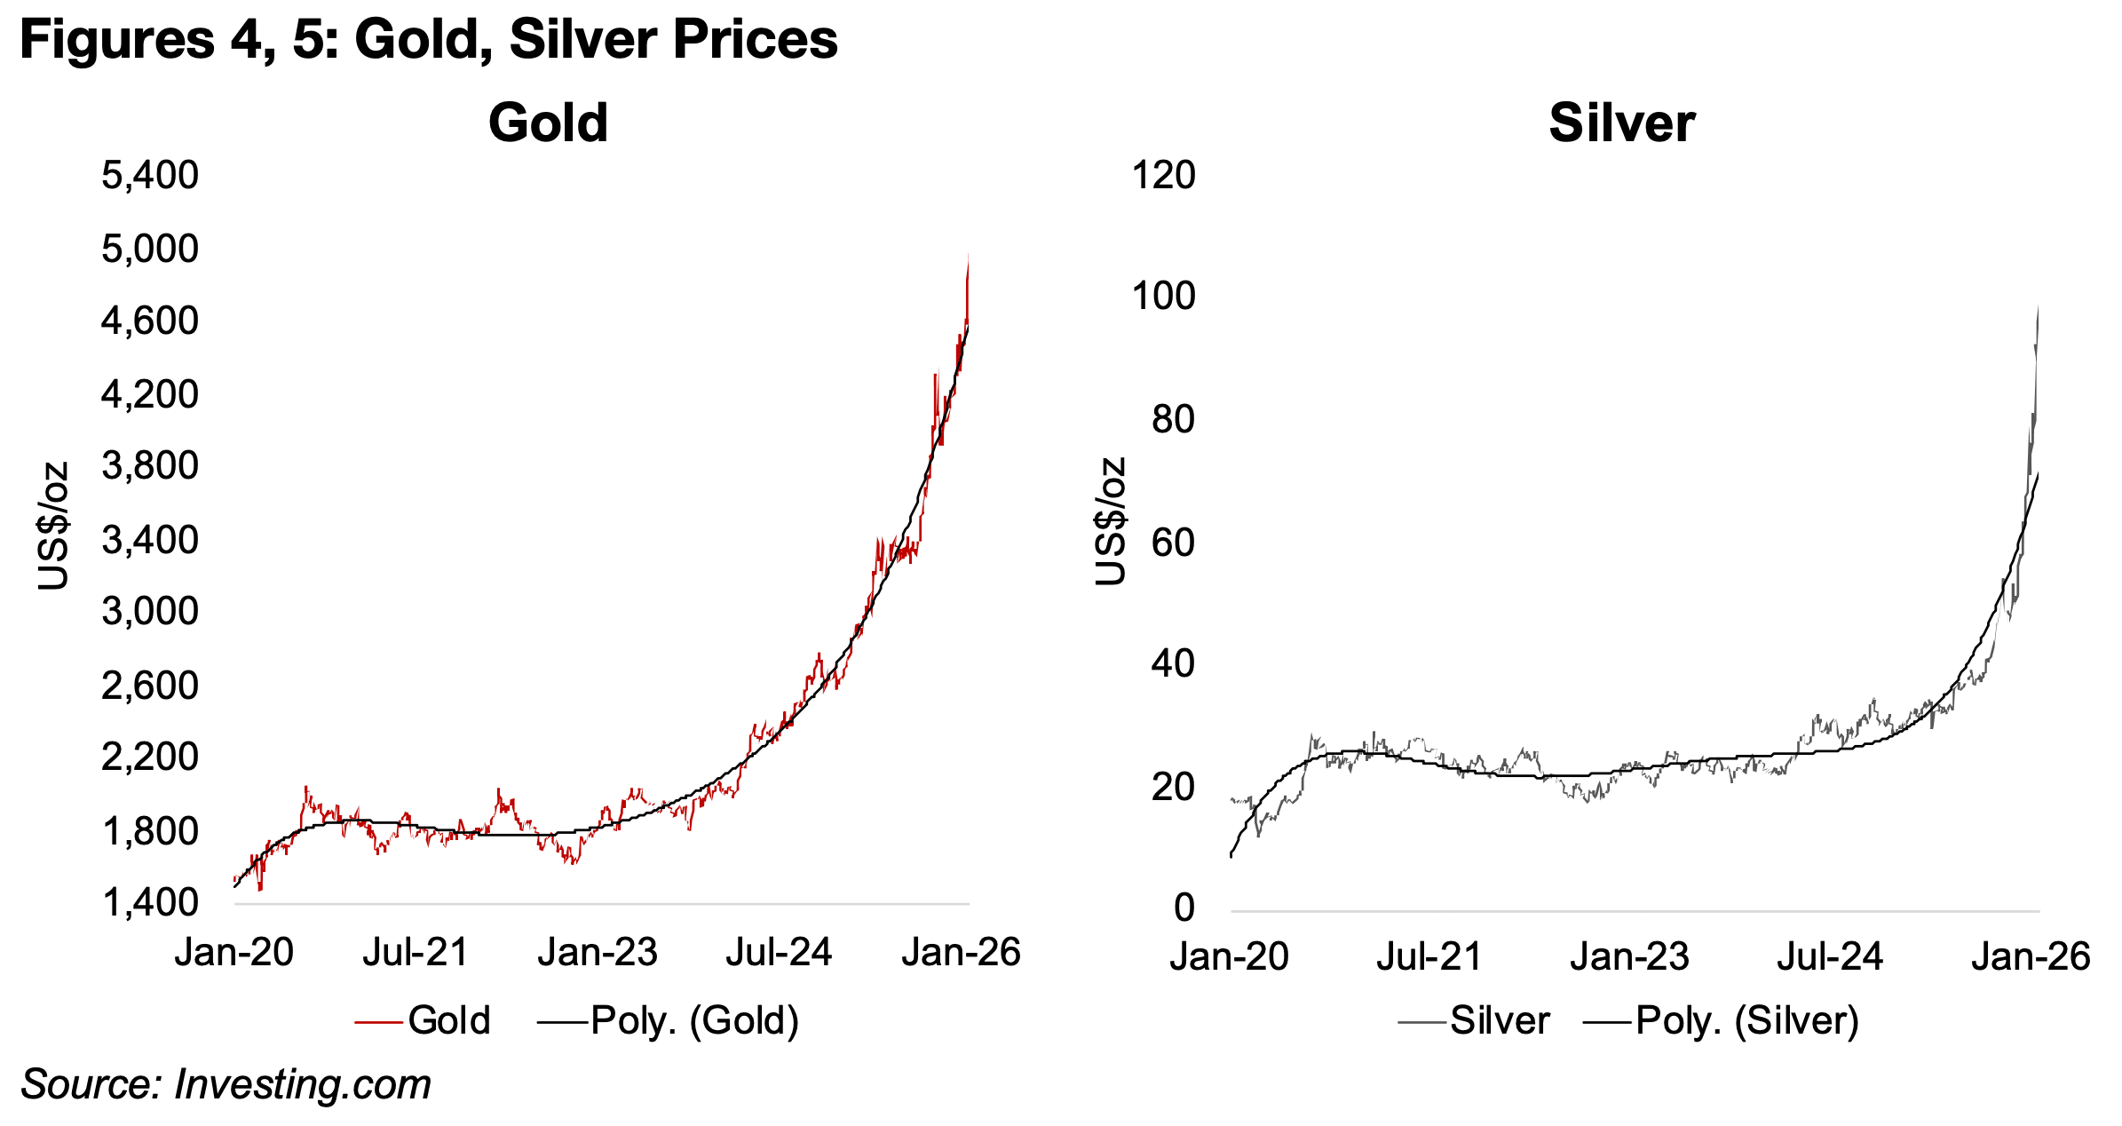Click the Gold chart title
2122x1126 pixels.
click(548, 123)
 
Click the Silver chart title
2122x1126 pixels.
click(1621, 123)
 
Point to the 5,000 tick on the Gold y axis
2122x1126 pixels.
click(150, 249)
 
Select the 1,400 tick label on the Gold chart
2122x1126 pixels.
click(150, 903)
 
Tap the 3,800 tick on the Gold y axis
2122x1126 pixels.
click(150, 466)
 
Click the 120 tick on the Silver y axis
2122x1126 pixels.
click(1163, 175)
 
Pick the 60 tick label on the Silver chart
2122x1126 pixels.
click(1173, 543)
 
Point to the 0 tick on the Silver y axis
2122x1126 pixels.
click(1184, 908)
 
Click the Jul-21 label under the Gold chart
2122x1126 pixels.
click(415, 953)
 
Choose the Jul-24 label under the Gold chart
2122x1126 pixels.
click(779, 953)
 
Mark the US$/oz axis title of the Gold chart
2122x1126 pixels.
click(53, 526)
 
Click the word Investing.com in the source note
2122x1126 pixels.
click(302, 1084)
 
